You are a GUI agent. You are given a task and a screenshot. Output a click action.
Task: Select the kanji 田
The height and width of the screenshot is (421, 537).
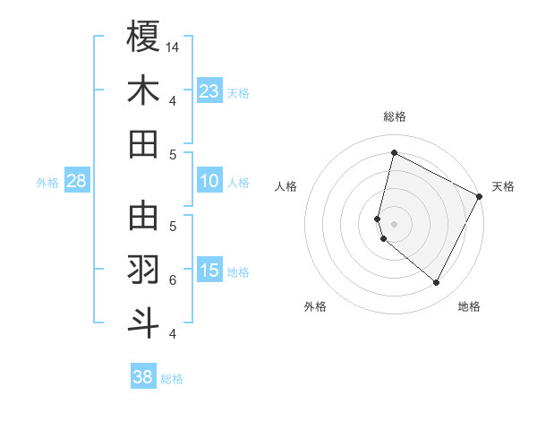pos(143,143)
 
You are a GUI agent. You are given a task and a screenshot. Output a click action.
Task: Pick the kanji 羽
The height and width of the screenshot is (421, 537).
pos(143,270)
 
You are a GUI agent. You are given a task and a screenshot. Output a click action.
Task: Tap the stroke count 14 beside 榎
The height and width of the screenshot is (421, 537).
pos(173,47)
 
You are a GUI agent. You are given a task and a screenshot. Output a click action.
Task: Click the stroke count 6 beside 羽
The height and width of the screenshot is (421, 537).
pos(173,280)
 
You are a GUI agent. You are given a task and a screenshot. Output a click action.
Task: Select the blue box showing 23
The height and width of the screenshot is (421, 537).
pos(209,90)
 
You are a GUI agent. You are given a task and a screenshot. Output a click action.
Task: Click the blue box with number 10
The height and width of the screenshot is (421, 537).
pos(209,182)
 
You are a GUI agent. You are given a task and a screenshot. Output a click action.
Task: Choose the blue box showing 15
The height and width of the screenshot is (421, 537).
pos(209,271)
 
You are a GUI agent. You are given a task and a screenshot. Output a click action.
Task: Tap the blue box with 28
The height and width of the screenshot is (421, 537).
pos(77,182)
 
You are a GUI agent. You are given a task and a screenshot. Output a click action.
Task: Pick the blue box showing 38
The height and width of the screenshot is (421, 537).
pos(143,377)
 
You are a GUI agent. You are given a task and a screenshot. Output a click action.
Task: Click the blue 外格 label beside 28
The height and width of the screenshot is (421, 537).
pos(47,183)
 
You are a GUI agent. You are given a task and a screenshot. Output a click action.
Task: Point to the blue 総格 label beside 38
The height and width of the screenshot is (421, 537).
pos(172,379)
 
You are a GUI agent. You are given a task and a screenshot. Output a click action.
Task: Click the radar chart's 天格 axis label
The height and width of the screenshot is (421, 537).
pos(503,186)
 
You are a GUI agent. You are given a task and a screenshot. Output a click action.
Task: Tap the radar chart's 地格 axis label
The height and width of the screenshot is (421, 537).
pos(469,306)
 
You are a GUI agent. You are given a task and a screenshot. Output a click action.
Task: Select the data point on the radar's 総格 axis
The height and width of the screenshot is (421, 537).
pos(394,153)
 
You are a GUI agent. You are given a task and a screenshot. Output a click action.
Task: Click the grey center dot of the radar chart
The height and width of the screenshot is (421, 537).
pos(394,223)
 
